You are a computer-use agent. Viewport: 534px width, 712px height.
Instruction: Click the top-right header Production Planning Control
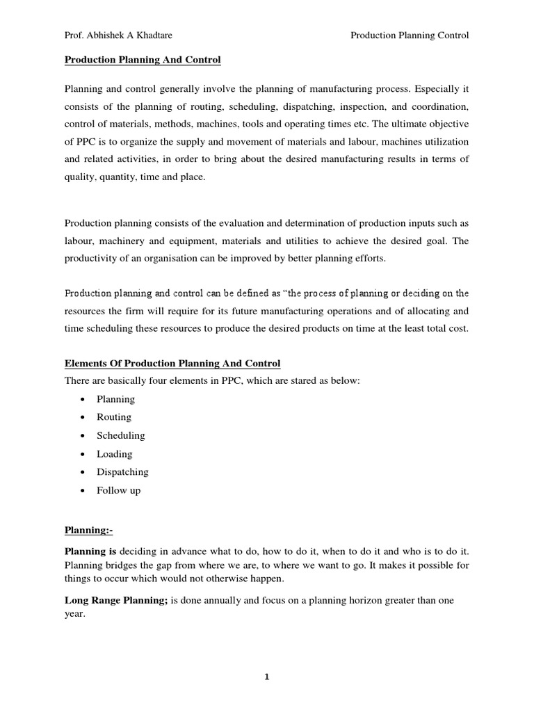410,35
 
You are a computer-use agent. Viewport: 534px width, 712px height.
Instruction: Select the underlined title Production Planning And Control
143,60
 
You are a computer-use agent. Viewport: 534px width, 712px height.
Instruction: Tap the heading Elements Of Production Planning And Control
172,364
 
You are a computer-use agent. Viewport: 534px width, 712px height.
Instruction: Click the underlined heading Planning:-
88,531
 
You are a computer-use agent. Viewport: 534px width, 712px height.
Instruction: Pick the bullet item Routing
114,417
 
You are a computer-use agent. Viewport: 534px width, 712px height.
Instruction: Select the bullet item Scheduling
121,435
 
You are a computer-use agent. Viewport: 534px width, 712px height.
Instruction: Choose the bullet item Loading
115,454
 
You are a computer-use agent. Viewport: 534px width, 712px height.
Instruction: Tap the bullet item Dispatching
122,472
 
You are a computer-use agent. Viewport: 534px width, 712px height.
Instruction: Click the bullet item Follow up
118,490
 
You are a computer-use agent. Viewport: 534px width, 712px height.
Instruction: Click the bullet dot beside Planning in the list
83,400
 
